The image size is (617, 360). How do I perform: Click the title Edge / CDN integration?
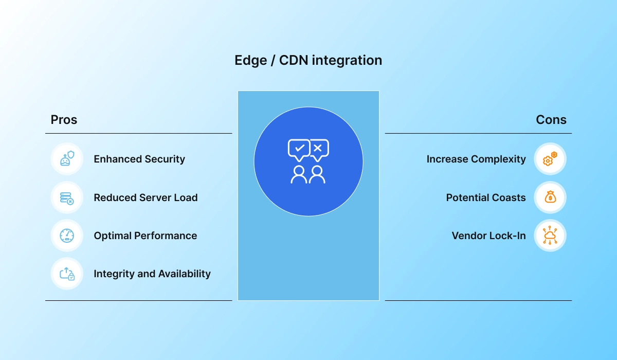pos(308,61)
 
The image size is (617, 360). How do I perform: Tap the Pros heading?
pos(64,120)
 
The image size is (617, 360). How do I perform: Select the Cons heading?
pos(551,120)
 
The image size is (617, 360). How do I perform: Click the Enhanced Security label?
pos(139,159)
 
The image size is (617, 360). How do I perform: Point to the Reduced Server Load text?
pos(146,197)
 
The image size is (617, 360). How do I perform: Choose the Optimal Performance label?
pos(145,236)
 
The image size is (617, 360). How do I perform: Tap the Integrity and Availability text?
pos(152,274)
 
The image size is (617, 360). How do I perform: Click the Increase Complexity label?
pos(476,159)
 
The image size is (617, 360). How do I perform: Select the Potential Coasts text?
pos(486,197)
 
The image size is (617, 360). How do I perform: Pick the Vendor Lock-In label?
pos(488,236)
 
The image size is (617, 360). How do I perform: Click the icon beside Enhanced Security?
pos(67,159)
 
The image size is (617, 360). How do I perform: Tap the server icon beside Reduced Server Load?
pos(67,197)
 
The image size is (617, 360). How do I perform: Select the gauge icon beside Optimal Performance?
pos(67,236)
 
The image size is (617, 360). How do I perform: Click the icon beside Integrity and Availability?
pos(67,274)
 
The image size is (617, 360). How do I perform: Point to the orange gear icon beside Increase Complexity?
pos(550,159)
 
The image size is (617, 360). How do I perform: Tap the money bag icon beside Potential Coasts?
pos(550,197)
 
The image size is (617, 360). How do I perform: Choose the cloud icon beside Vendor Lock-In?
pos(550,236)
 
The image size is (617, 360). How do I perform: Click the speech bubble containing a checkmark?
pos(299,149)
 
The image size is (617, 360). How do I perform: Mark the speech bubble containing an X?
pos(318,149)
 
